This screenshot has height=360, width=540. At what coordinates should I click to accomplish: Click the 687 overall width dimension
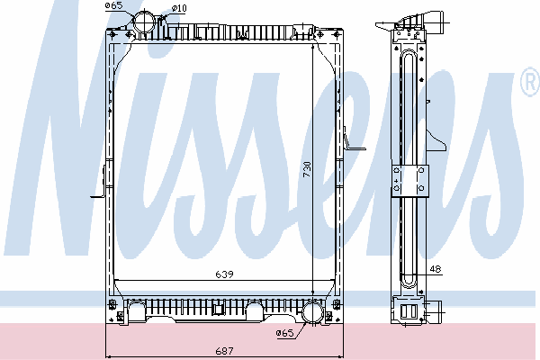(x=224, y=351)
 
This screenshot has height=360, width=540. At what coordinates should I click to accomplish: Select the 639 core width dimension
(x=224, y=274)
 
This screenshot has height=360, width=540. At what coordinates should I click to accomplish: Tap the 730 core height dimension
(x=307, y=169)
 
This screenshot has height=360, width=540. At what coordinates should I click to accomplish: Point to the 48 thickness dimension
(x=436, y=269)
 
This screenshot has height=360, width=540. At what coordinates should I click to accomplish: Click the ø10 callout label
(x=179, y=8)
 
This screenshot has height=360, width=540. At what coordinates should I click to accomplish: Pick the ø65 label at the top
(x=114, y=5)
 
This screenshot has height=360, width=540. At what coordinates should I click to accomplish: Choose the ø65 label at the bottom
(x=284, y=333)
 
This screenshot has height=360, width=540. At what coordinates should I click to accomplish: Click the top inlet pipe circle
(x=144, y=22)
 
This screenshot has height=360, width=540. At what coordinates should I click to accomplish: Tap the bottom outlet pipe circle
(x=312, y=312)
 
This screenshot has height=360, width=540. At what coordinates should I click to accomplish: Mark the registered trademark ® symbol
(x=531, y=82)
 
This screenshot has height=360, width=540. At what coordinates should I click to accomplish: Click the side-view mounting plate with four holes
(x=409, y=181)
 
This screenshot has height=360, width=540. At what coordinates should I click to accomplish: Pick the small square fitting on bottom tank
(x=219, y=309)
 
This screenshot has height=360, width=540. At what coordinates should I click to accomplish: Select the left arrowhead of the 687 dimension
(x=108, y=357)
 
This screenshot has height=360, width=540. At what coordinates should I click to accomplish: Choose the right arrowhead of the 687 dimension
(x=340, y=357)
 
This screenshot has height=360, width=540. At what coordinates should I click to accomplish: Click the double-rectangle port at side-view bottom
(x=409, y=311)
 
